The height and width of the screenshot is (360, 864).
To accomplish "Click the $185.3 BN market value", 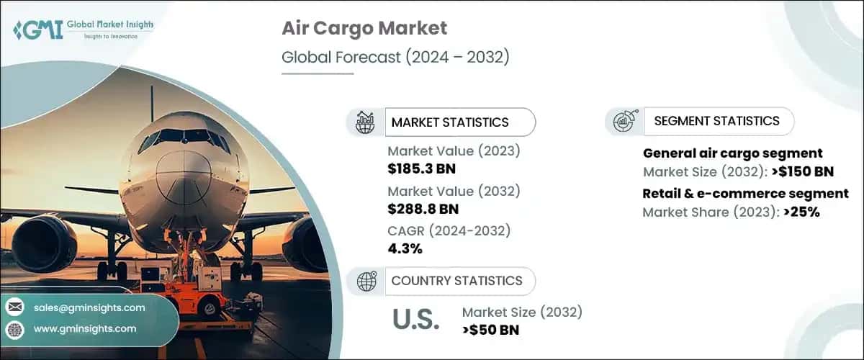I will click(421, 169).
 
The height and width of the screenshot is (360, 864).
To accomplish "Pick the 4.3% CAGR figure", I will click(405, 249).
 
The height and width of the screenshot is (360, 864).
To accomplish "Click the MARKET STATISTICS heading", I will click(449, 122).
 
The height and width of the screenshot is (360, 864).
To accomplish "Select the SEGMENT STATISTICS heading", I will click(716, 121).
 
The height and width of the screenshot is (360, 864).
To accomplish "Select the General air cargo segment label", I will click(732, 153).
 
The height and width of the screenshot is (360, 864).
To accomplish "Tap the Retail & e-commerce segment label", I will click(745, 193).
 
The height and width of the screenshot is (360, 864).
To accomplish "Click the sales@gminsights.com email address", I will click(89, 307).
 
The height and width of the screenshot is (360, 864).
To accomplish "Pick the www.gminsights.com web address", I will click(85, 328).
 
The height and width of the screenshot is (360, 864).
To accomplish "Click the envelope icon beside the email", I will click(14, 307).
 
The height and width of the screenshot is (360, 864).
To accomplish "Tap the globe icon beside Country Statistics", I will click(366, 281).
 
